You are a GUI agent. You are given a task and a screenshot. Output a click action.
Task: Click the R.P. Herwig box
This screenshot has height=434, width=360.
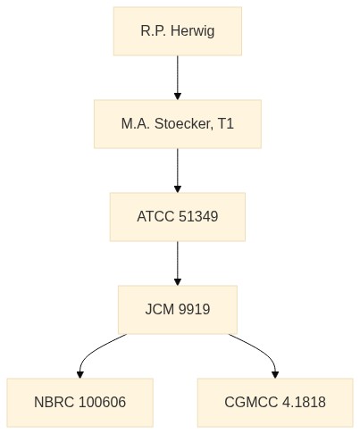tap(178, 31)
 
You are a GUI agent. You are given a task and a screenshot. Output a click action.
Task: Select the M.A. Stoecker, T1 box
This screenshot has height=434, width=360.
tap(178, 124)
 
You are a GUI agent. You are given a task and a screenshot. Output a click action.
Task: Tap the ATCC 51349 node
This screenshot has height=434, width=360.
tap(178, 217)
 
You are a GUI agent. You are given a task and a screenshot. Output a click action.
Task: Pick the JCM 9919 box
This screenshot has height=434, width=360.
tap(178, 310)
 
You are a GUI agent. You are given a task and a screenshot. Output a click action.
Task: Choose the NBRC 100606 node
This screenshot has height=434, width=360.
tap(80, 403)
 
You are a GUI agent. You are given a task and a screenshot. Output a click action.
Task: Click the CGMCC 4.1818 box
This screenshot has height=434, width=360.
tap(275, 403)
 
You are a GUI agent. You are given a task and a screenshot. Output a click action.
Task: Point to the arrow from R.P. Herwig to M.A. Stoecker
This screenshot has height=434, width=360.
tap(178, 78)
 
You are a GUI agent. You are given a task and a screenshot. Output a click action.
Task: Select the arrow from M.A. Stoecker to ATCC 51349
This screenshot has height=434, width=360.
tap(178, 171)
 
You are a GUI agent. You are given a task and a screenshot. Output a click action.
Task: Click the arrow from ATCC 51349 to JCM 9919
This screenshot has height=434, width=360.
tap(178, 263)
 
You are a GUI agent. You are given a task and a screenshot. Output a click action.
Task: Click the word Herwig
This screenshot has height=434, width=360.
tap(193, 31)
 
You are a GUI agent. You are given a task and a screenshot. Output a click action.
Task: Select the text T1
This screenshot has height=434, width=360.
tap(226, 123)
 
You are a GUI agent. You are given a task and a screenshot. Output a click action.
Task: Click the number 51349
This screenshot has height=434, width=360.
tap(198, 216)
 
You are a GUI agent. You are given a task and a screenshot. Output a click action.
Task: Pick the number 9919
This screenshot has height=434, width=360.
tap(194, 309)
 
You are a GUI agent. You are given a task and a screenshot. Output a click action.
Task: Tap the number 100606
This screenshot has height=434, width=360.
tap(103, 402)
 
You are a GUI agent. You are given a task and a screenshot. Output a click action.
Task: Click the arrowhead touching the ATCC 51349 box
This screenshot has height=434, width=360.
tap(178, 189)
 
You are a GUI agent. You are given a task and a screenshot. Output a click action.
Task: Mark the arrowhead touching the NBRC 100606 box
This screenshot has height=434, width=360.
tap(80, 375)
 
